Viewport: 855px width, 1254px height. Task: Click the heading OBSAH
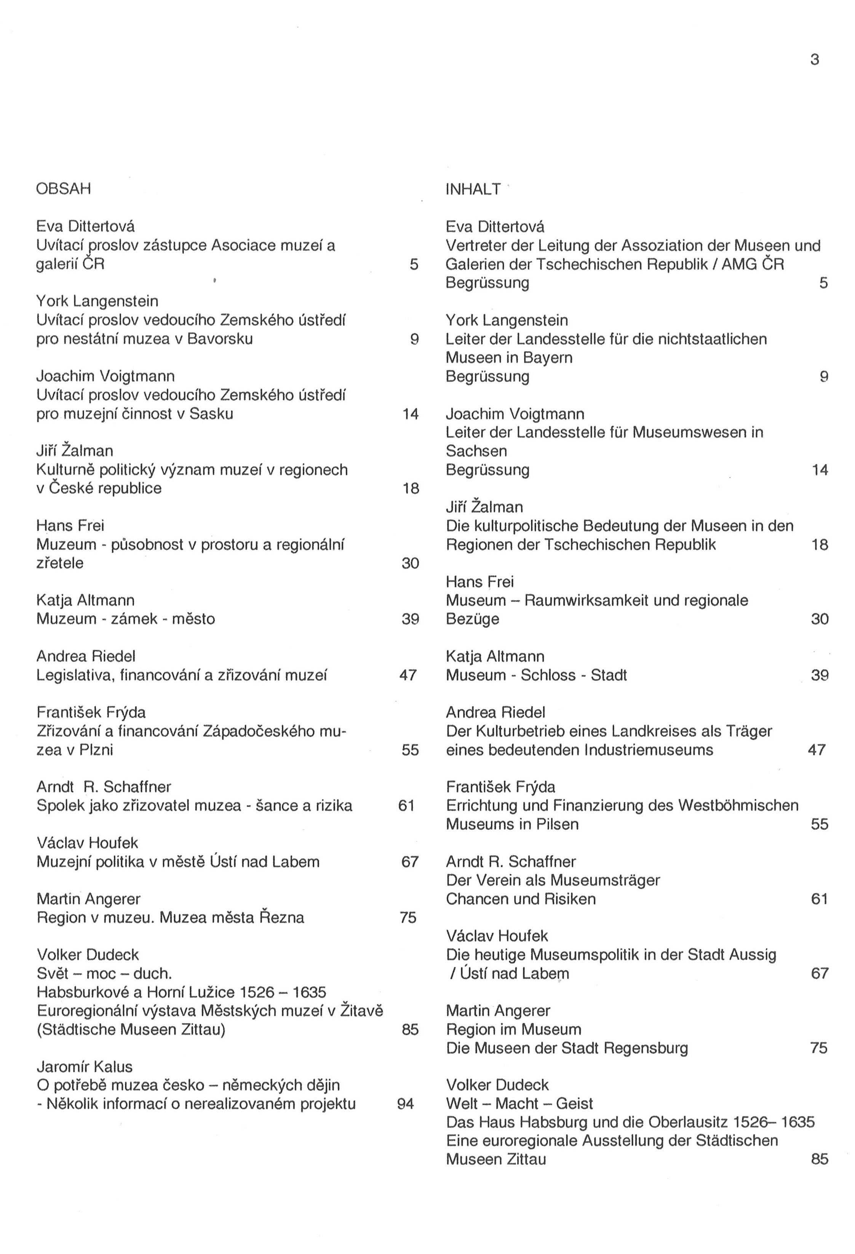(63, 189)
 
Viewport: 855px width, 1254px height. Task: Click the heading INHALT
(473, 189)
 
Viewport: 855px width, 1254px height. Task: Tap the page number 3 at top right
(815, 59)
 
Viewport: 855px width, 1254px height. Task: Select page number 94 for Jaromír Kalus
(405, 1104)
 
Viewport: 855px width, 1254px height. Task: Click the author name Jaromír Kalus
(84, 1066)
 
